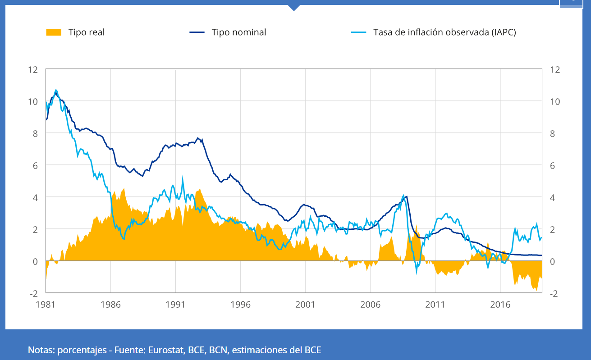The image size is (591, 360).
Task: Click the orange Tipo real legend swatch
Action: [54, 32]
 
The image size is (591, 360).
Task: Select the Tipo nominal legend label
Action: [239, 32]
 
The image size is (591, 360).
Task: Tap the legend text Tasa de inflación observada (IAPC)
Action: [444, 32]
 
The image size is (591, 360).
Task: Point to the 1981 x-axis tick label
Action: [46, 304]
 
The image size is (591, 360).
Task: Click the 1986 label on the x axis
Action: [110, 304]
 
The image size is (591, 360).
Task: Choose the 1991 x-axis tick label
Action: [175, 304]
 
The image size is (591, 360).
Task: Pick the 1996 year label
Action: [240, 304]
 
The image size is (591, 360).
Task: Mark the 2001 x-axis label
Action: [305, 304]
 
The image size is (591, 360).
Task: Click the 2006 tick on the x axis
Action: [370, 304]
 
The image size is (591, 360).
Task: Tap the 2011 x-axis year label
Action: [435, 304]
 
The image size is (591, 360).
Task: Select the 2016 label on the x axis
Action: [500, 304]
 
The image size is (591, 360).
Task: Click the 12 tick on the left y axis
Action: [32, 70]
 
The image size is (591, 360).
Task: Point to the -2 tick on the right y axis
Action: [554, 293]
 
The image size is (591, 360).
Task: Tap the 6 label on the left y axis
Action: [35, 165]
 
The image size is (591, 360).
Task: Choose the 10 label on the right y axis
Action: [555, 102]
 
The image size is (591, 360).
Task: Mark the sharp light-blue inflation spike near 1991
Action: [183, 178]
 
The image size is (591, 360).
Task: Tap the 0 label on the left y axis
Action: [35, 261]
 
